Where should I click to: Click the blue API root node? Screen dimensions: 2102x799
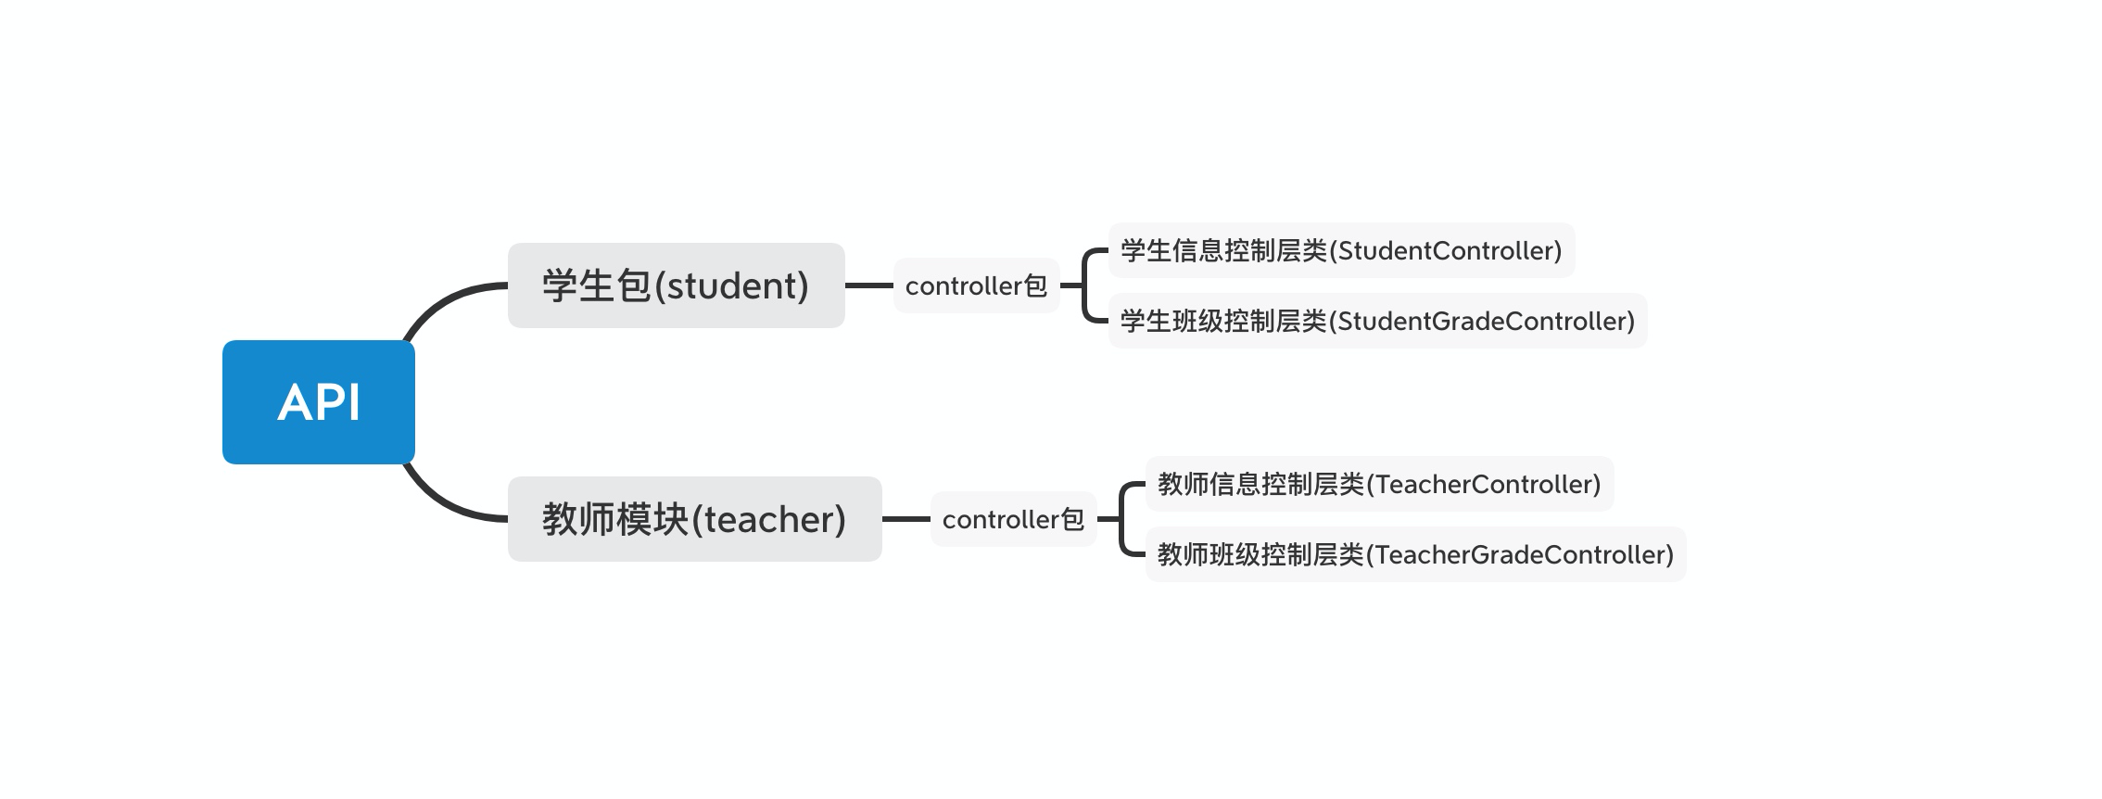pos(319,402)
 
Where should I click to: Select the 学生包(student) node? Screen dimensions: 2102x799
pos(677,285)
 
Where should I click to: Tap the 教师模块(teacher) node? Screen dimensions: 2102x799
pos(695,519)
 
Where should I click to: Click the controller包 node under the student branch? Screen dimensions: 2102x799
pos(977,285)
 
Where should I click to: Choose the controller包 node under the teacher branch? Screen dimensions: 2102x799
pos(1014,519)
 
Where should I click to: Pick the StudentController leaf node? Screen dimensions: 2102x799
pos(1342,250)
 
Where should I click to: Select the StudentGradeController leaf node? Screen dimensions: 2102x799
pos(1378,321)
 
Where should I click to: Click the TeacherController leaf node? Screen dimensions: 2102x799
pos(1380,484)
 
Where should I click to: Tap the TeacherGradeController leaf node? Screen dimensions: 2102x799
pos(1416,554)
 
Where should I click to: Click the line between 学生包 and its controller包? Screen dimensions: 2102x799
pos(869,285)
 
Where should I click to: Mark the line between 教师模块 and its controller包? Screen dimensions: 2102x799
pos(906,519)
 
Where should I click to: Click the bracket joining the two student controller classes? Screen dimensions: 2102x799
pos(1083,285)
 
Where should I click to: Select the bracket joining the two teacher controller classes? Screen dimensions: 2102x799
pos(1121,519)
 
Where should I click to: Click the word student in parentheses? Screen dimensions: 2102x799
pos(732,285)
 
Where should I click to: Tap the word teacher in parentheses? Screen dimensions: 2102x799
pos(769,520)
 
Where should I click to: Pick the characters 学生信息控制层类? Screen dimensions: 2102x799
pos(1224,250)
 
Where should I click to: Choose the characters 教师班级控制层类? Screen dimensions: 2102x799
pos(1261,554)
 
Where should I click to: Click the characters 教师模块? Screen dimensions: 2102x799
pos(616,519)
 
